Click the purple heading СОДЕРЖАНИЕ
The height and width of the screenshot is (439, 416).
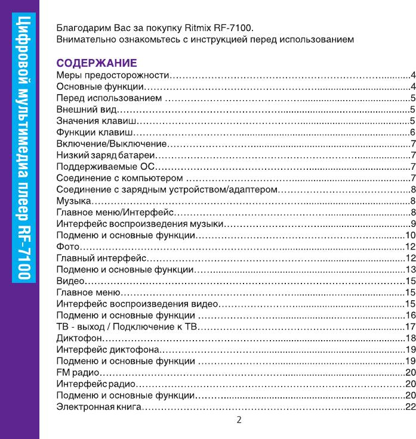click(x=97, y=63)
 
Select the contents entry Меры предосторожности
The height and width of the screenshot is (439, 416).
click(x=113, y=76)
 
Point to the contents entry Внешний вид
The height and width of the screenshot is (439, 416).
click(x=86, y=110)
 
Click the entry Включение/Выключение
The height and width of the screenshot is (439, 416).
click(x=110, y=144)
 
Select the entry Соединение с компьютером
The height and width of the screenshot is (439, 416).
click(x=119, y=178)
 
